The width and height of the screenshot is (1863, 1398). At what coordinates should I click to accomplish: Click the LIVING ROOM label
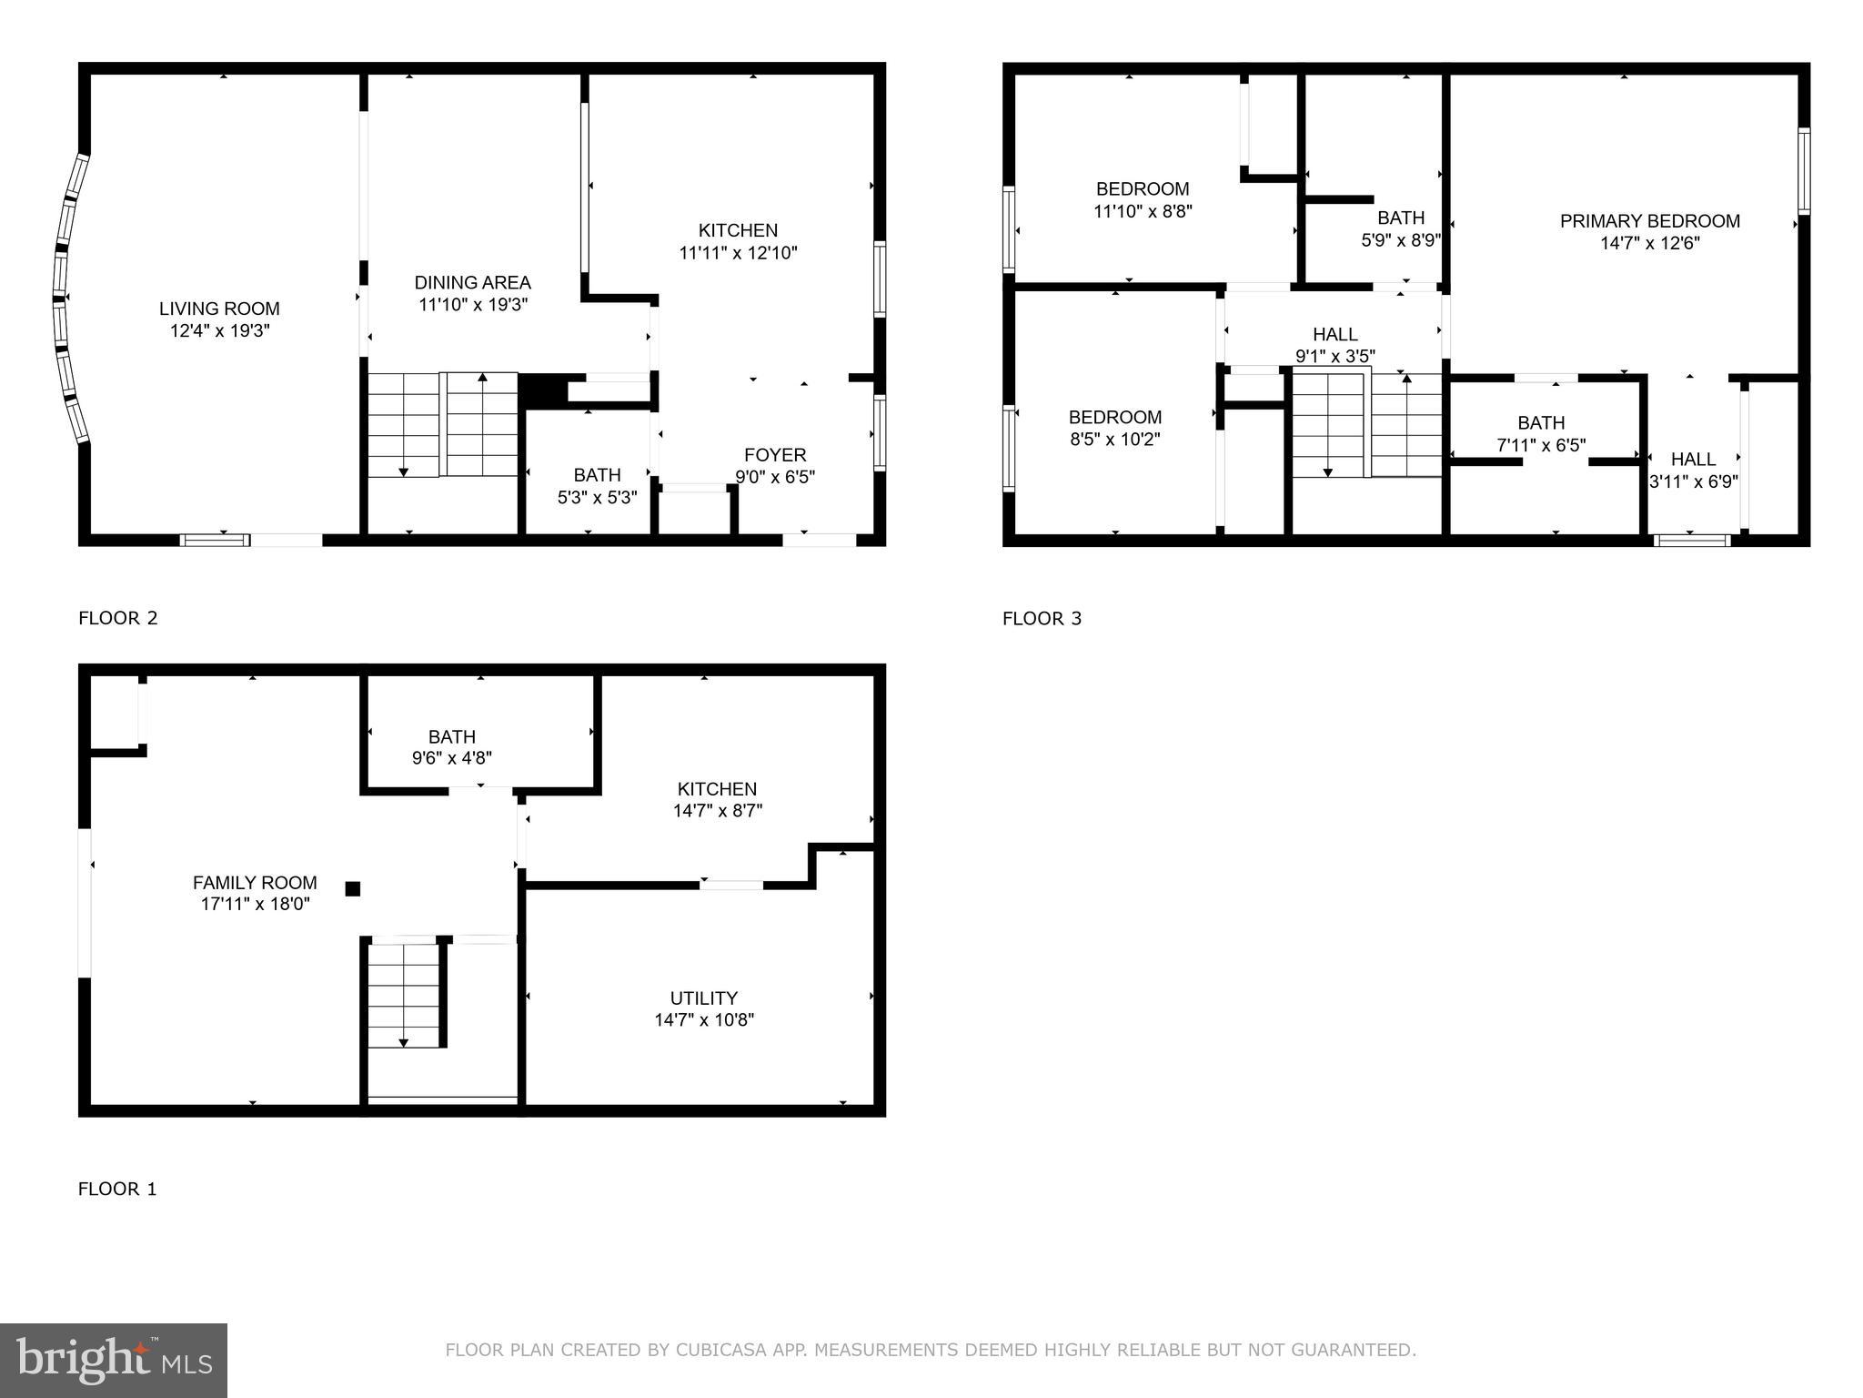tap(219, 309)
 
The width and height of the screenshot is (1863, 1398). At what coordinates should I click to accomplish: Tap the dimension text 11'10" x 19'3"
tap(473, 305)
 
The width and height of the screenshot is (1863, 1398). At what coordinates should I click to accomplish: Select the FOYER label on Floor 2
tap(775, 455)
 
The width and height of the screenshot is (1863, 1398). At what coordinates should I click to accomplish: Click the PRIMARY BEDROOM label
tap(1649, 221)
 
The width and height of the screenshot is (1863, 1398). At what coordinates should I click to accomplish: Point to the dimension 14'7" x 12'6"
tap(1649, 243)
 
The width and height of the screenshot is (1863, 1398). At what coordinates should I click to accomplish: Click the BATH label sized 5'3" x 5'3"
tap(597, 475)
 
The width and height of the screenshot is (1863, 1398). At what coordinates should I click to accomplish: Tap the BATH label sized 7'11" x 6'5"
tap(1541, 423)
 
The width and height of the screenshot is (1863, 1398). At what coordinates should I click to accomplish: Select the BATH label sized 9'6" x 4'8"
tap(452, 736)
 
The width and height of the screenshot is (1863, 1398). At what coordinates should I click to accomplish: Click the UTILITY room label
tap(703, 998)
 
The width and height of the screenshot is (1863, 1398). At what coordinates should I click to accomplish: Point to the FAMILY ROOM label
tap(255, 883)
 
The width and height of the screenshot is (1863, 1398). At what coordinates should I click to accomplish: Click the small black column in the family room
tap(353, 889)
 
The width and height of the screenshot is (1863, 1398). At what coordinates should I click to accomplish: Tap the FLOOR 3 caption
tap(1042, 619)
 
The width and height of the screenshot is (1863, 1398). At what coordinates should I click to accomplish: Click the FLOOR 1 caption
tap(117, 1189)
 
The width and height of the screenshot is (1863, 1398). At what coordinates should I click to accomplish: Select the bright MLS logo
tap(114, 1360)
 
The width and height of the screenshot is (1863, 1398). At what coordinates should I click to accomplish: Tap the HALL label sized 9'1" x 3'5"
tap(1334, 335)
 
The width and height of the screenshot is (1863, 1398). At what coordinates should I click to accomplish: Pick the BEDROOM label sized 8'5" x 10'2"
tap(1114, 418)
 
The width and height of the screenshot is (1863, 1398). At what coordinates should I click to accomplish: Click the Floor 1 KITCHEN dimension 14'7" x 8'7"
tap(717, 811)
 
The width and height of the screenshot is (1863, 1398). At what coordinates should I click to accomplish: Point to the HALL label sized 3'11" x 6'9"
tap(1693, 460)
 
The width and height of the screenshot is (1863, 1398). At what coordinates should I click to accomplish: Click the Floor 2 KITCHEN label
tap(738, 231)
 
